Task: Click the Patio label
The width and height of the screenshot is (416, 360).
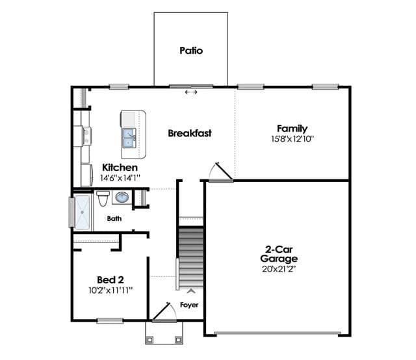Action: point(191,51)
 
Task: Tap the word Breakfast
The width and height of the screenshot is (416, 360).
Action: point(190,133)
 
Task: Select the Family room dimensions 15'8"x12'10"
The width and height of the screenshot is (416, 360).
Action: point(292,139)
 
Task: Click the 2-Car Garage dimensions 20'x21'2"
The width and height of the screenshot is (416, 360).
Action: point(279,269)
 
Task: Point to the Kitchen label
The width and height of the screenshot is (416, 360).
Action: point(120,168)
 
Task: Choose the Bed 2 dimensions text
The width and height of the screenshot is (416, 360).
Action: point(110,290)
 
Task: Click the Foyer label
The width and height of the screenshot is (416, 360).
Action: point(189,305)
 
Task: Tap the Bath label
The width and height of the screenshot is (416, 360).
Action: point(114,218)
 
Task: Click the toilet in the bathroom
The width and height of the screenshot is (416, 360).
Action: point(103,198)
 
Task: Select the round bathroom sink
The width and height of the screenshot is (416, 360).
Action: point(122,197)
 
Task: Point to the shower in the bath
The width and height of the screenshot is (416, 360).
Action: point(83,212)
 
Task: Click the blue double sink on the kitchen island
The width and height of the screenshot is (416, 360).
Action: point(129,138)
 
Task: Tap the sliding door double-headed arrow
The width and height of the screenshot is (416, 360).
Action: point(191,92)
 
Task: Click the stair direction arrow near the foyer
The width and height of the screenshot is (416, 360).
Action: point(190,291)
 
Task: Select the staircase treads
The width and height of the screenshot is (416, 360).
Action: point(191,257)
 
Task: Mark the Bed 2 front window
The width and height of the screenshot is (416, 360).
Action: point(110,321)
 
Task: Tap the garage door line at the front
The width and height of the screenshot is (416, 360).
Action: point(278,333)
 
